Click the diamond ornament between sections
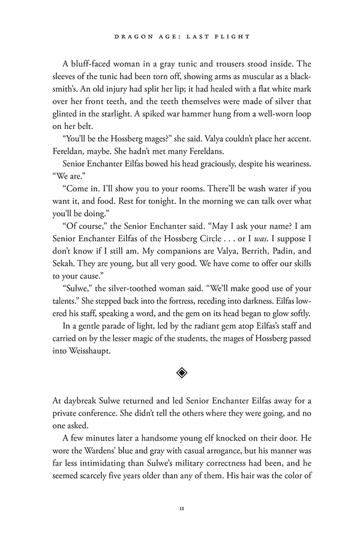pos(181,373)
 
